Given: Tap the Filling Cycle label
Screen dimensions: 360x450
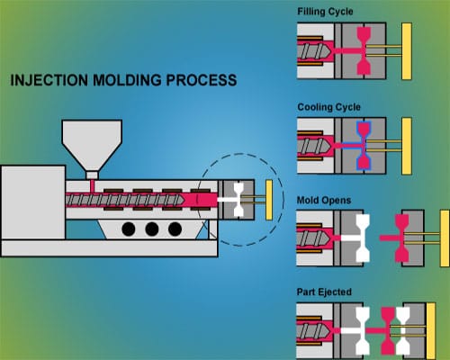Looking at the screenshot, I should coord(324,11).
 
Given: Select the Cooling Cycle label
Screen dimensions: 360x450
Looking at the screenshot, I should coord(327,106).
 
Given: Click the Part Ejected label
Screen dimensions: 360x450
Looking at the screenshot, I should coord(323,292).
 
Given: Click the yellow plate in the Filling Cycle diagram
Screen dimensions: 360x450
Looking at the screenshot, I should coord(406,49).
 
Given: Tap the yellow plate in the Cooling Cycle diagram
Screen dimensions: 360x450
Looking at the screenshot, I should coord(406,144).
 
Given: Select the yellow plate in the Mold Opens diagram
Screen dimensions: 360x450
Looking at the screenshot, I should coord(437,238).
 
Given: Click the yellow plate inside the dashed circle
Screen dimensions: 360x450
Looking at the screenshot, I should coord(269,198).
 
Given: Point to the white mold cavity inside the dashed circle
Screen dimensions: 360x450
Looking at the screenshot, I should coord(239,199).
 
